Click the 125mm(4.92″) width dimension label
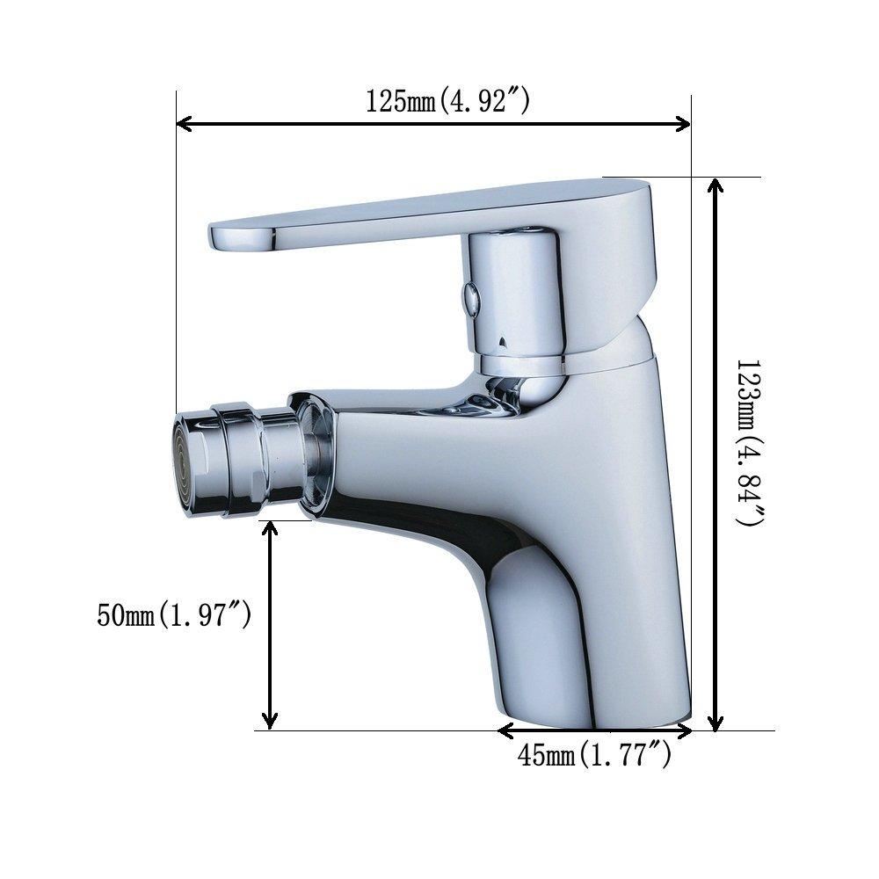tap(447, 102)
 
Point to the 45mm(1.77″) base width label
tap(595, 754)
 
